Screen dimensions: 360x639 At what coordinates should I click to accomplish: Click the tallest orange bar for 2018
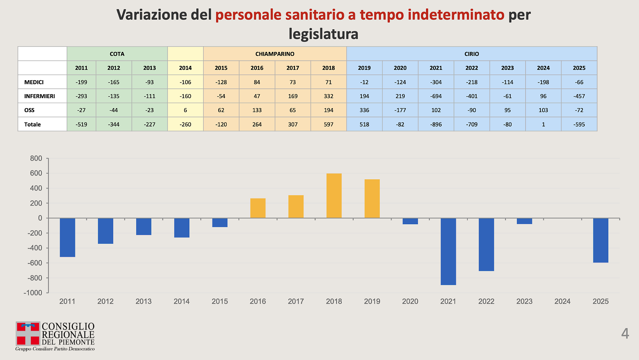pos(334,196)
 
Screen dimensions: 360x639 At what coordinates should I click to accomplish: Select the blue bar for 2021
pos(448,252)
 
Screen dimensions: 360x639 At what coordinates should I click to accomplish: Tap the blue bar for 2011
pos(67,238)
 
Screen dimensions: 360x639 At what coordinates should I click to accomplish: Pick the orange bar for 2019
pos(372,199)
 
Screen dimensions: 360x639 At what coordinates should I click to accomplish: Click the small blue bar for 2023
pos(524,221)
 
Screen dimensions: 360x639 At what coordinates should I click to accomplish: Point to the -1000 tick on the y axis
pos(33,293)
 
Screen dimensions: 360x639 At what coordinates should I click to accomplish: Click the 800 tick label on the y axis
pos(36,158)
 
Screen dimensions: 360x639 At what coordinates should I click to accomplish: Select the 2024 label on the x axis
pos(562,301)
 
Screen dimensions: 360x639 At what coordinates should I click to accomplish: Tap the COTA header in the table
pos(117,54)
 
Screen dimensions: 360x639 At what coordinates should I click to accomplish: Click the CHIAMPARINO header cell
pos(275,54)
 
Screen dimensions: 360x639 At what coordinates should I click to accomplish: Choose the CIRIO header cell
pos(472,54)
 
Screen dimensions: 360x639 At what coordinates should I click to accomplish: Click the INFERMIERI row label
pos(40,96)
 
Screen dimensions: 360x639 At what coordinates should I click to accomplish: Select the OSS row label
pos(29,110)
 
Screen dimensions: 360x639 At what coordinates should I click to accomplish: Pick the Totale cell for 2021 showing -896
pos(436,124)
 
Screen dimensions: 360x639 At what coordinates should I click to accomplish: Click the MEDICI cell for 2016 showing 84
pos(257,82)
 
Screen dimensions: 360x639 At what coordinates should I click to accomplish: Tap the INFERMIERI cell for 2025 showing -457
pos(579,96)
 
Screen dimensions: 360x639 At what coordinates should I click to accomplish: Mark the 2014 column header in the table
pos(185,68)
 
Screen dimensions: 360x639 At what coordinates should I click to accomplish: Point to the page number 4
pos(625,333)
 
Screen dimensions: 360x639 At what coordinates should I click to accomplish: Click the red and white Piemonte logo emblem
pos(28,333)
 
